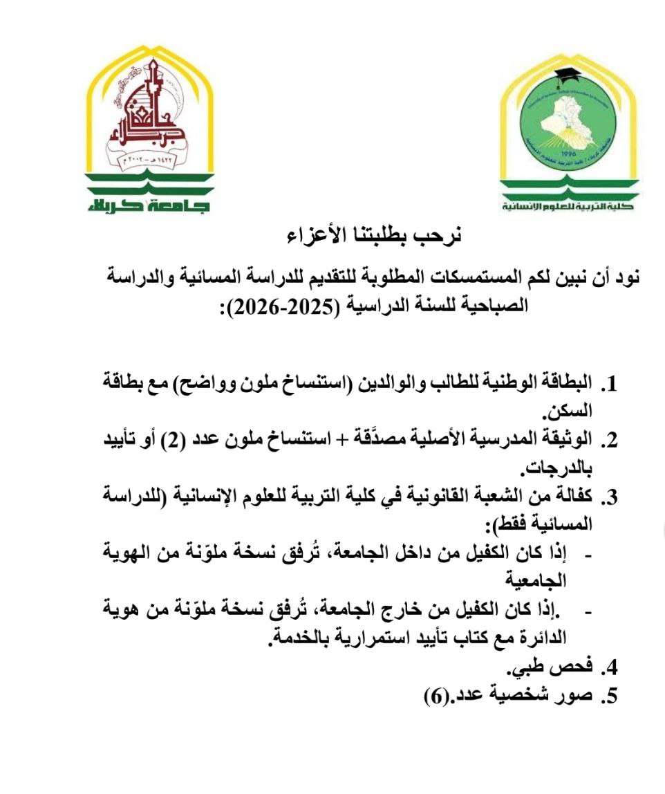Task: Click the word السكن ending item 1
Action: click(575, 413)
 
